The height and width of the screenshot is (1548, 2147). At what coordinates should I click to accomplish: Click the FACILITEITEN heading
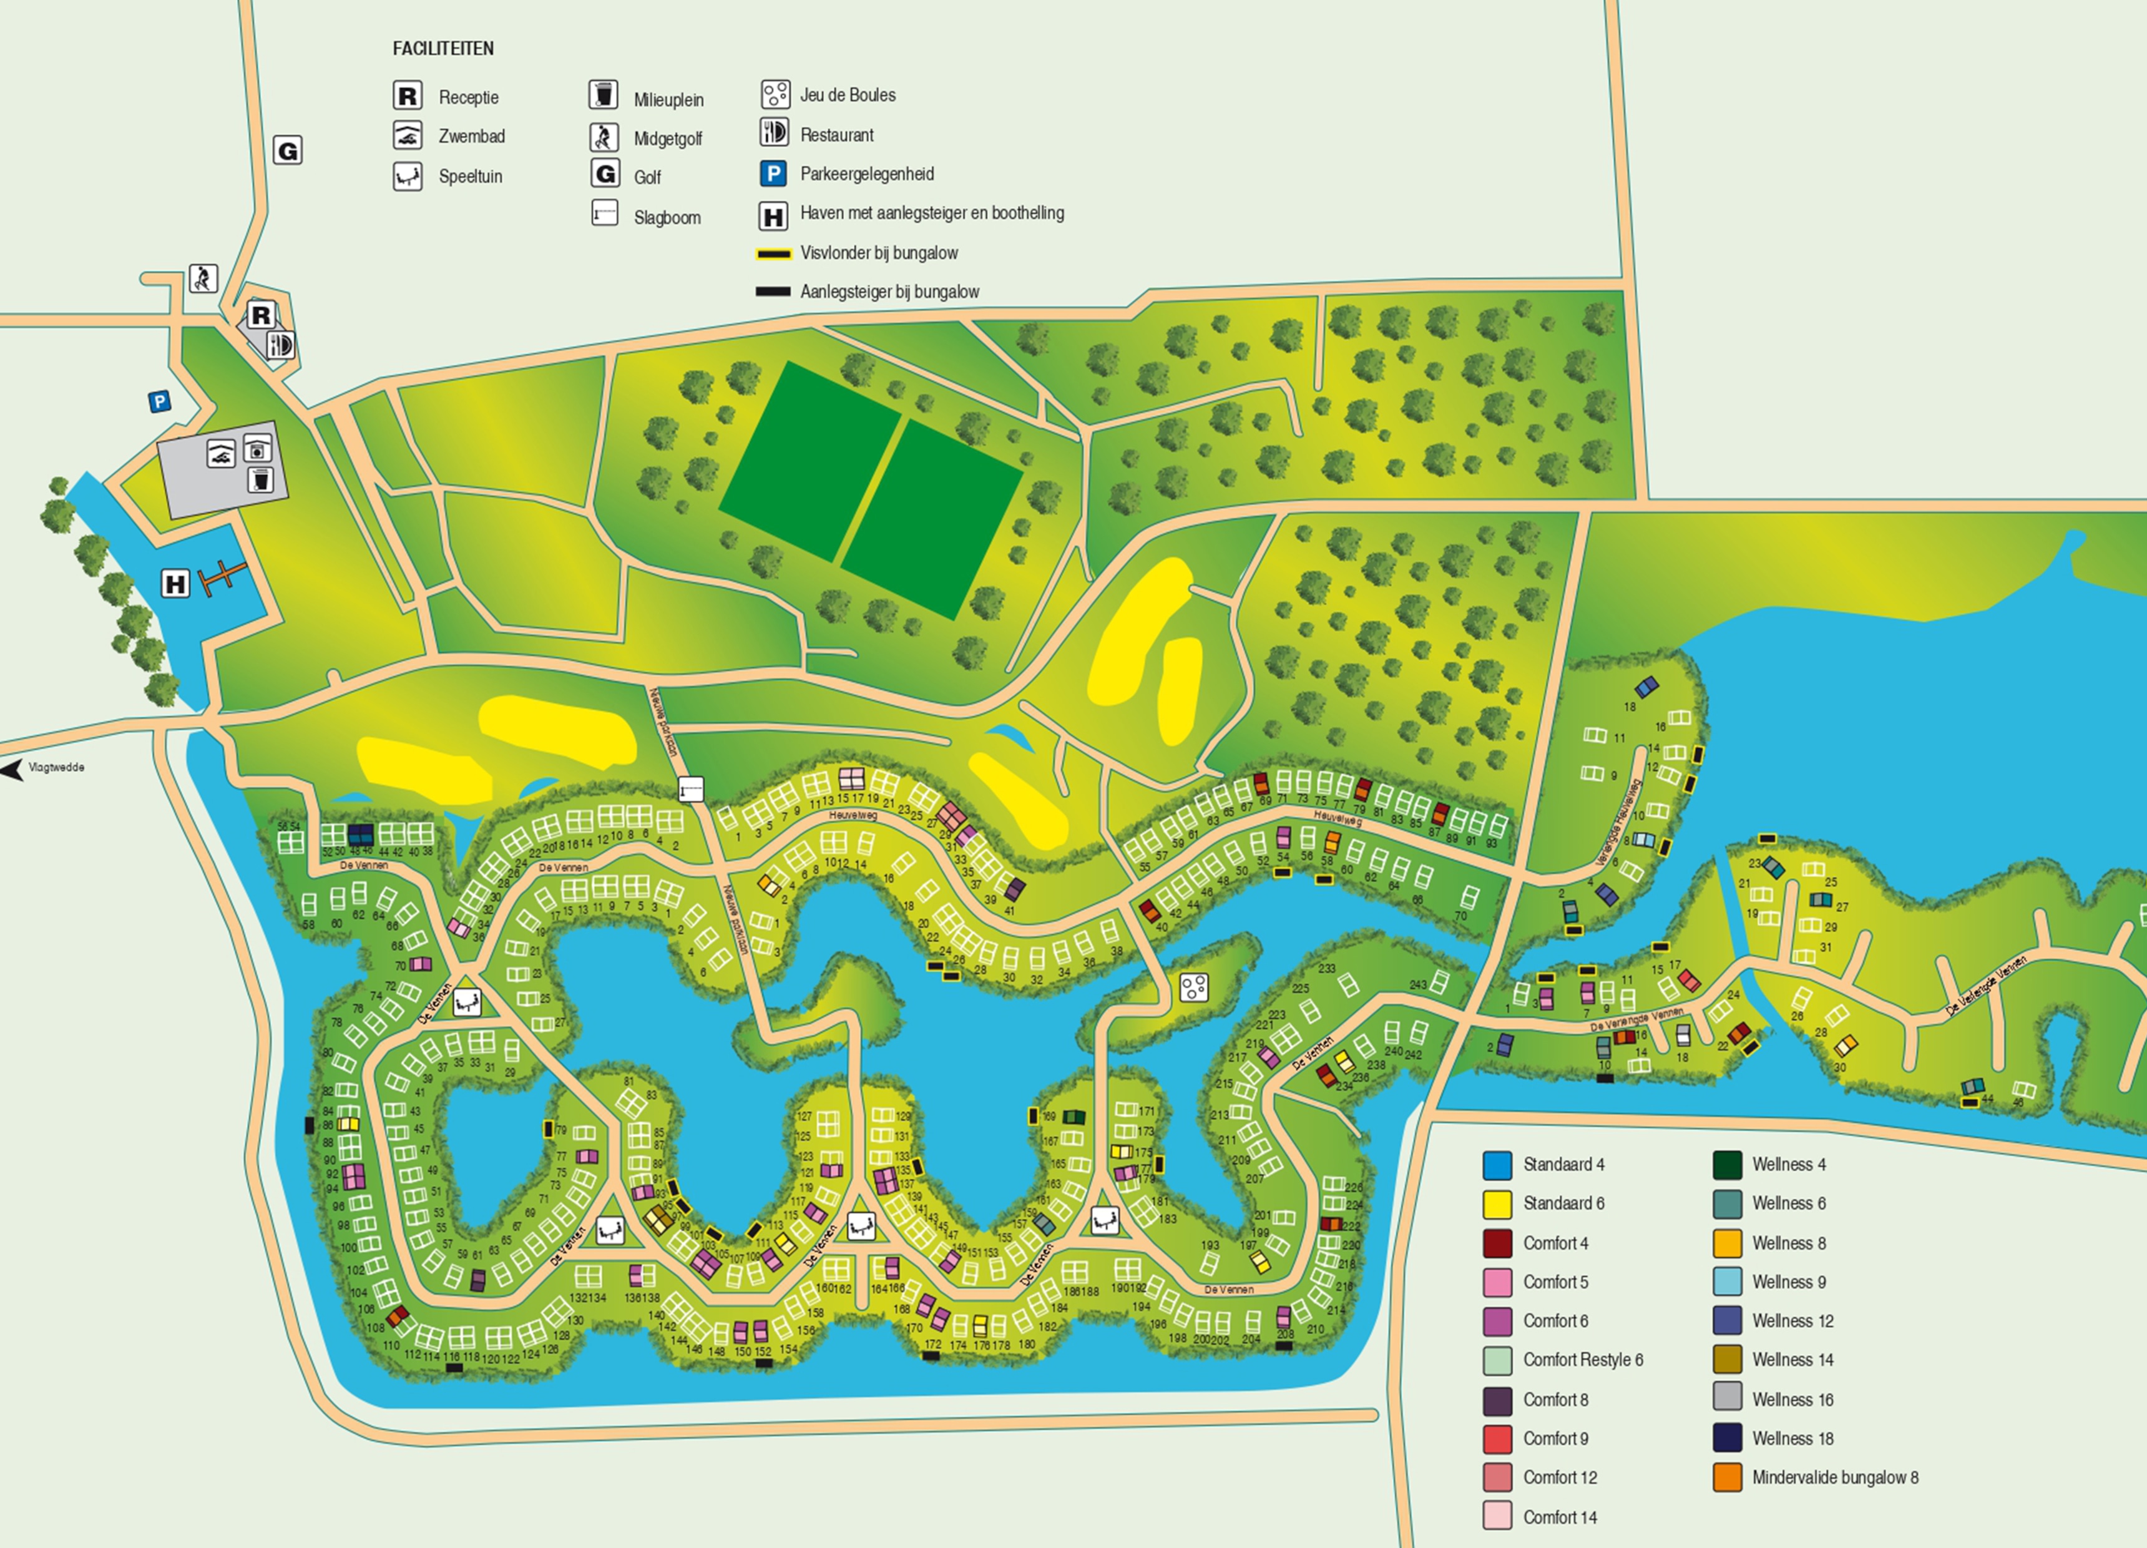click(x=443, y=48)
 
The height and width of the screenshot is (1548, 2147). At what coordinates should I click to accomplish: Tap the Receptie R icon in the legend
click(x=407, y=96)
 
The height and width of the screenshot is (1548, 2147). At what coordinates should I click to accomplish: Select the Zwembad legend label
click(x=471, y=136)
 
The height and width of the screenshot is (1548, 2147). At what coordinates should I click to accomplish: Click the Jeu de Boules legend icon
click(x=775, y=94)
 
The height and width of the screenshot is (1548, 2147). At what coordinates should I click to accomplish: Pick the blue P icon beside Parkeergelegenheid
click(x=773, y=174)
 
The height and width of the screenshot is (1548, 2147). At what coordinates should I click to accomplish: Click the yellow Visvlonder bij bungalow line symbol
click(x=773, y=254)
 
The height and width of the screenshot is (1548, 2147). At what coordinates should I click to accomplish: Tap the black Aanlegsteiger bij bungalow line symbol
click(x=773, y=291)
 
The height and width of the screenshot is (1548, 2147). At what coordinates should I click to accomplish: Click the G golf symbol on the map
click(x=288, y=150)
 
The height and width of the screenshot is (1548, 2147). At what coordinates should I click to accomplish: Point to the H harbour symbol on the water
click(x=176, y=583)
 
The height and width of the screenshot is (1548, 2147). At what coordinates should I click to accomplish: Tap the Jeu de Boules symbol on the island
click(x=1194, y=987)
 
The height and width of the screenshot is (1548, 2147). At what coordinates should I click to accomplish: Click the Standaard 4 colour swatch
click(x=1497, y=1165)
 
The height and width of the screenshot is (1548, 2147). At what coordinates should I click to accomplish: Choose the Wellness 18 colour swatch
click(x=1727, y=1438)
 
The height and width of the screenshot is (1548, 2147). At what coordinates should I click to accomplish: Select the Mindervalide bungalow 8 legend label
click(x=1834, y=1477)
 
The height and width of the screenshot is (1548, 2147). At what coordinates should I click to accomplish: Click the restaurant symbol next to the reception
click(x=281, y=345)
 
